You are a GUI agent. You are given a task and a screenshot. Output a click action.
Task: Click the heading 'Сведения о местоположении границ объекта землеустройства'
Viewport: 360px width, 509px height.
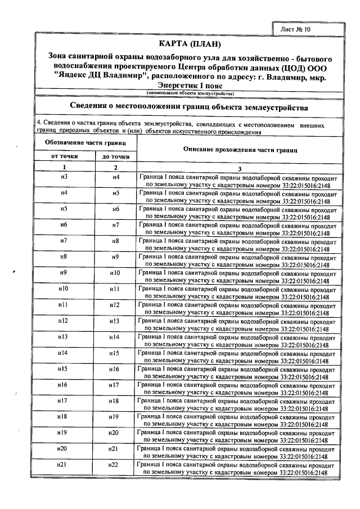point(188,106)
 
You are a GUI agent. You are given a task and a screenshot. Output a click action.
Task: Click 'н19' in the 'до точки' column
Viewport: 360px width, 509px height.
point(115,417)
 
